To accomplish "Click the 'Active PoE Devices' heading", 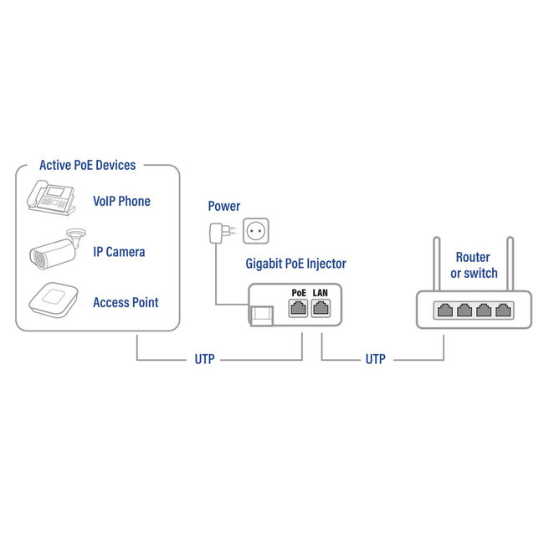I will click(87, 166).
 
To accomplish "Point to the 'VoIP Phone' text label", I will click(121, 202).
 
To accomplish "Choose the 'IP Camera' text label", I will click(119, 252).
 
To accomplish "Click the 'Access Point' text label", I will click(126, 302).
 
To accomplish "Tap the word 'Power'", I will click(223, 206).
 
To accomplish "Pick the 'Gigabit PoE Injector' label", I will click(296, 264).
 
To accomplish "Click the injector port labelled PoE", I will click(298, 307).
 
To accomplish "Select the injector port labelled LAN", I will click(321, 307).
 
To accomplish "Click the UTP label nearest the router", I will click(375, 360).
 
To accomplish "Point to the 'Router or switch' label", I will click(474, 265).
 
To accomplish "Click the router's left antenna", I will click(436, 264).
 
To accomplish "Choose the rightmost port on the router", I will click(503, 310).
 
